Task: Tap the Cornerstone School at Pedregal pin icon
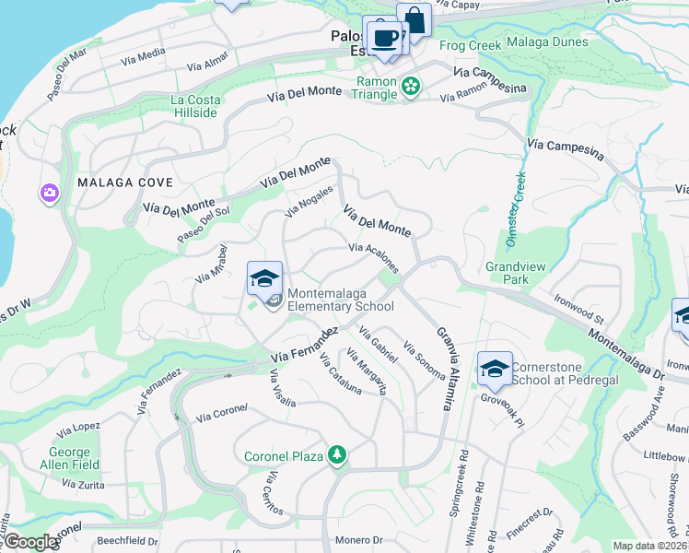(x=495, y=369)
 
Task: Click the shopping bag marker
(x=415, y=20)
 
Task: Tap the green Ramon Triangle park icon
(x=410, y=88)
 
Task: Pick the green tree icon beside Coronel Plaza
(x=337, y=455)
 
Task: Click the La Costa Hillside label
(x=193, y=106)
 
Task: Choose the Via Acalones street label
(x=374, y=258)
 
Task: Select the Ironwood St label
(x=578, y=308)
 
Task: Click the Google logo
(x=29, y=542)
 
